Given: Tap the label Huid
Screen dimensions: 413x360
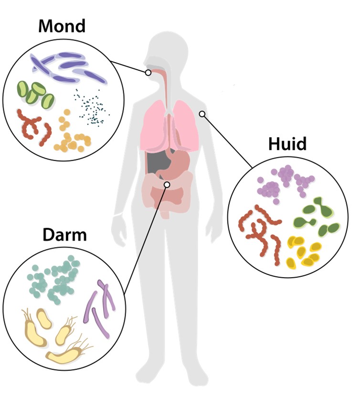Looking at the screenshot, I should pyautogui.click(x=287, y=143).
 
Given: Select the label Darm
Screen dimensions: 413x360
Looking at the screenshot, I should pyautogui.click(x=64, y=235).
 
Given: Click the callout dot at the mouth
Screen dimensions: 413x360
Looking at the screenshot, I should pyautogui.click(x=148, y=73).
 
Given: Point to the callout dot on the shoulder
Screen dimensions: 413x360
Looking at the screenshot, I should pyautogui.click(x=202, y=114).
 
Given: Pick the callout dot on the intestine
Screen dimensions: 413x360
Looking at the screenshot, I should pyautogui.click(x=167, y=184).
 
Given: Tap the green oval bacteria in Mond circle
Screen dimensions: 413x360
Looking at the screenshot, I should pyautogui.click(x=35, y=93).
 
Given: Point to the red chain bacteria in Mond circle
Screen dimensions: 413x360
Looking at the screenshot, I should pyautogui.click(x=33, y=127).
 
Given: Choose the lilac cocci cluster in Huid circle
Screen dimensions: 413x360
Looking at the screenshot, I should pyautogui.click(x=282, y=182).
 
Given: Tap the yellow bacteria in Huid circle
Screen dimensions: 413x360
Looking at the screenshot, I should pyautogui.click(x=304, y=251).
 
